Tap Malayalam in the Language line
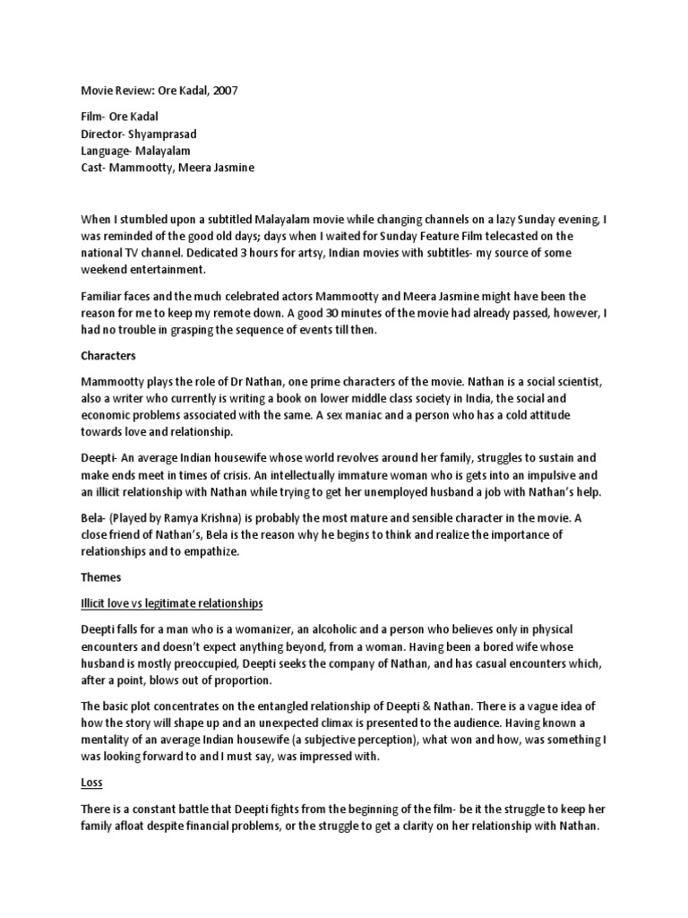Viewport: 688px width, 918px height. (x=163, y=151)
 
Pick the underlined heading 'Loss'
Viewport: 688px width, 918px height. (x=91, y=783)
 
